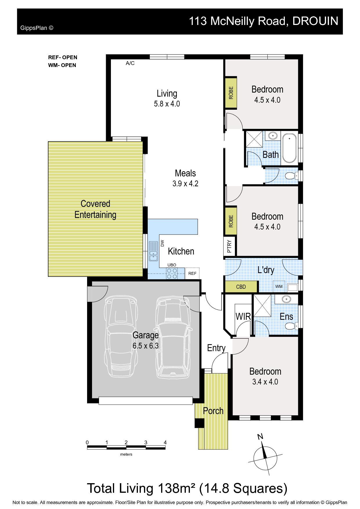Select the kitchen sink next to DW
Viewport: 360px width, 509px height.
coord(153,251)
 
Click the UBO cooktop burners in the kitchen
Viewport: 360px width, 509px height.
coord(172,273)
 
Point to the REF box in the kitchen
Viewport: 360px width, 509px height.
coord(192,273)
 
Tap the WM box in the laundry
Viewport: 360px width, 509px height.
coord(279,286)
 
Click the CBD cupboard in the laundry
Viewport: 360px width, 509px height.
coord(241,287)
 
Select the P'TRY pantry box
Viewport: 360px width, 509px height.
coord(229,246)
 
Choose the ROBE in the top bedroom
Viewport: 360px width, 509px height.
coord(231,93)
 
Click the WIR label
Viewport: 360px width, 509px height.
coord(243,316)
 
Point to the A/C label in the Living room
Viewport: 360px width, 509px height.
coord(130,63)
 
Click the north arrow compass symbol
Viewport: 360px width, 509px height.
coord(265,454)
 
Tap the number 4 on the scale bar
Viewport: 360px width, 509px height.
coord(165,443)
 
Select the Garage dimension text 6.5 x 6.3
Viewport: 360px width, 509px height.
coord(145,346)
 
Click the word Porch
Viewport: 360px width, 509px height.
coord(213,411)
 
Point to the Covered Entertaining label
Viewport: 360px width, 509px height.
coord(95,209)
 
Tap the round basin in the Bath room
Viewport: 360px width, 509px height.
coord(273,136)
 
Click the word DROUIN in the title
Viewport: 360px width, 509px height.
coord(315,21)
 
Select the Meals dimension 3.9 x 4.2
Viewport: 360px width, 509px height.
coord(185,184)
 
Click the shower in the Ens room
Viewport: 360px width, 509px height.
coord(262,305)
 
